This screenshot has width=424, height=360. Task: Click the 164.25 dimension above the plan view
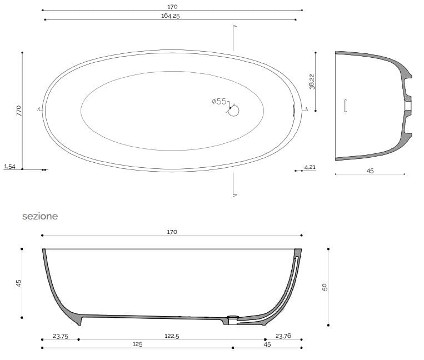point(171,16)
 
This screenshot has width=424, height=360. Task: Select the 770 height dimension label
point(18,110)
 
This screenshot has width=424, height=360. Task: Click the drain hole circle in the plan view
point(233,110)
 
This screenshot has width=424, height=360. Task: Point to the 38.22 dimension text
point(312,82)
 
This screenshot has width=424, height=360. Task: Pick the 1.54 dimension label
point(9,166)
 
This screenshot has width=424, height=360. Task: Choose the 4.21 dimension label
point(310,166)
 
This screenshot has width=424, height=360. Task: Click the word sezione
point(39,216)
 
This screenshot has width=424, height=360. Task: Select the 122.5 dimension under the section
point(171,336)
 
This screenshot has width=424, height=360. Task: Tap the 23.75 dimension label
point(60,336)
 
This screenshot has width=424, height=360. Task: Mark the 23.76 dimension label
point(283,336)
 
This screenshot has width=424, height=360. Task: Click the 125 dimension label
point(137,344)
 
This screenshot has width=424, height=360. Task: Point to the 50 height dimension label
point(325,287)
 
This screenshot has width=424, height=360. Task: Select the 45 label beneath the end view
point(370,171)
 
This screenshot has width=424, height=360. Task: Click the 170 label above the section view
point(172,232)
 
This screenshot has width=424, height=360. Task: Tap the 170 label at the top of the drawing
point(172,7)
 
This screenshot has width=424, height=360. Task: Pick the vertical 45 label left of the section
point(18,283)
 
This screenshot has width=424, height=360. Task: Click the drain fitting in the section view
point(233,317)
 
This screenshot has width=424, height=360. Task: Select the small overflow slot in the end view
point(346,106)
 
